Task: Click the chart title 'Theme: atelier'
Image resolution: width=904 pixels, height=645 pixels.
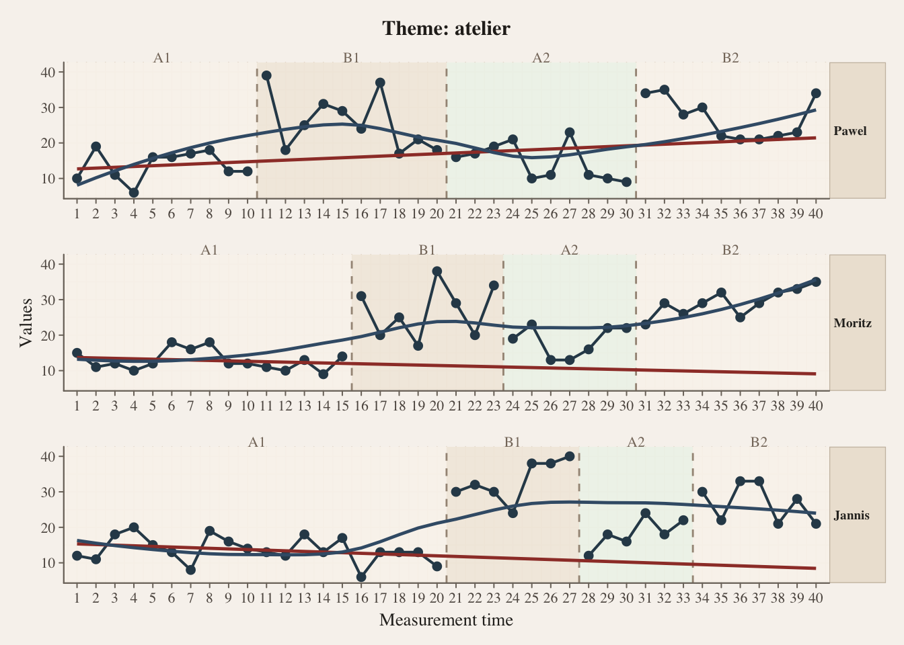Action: click(x=446, y=28)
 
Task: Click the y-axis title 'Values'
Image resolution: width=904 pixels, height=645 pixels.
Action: click(x=26, y=322)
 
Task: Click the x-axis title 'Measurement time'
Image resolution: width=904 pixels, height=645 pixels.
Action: click(x=446, y=619)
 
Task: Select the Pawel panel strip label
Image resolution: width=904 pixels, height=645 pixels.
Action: click(x=850, y=131)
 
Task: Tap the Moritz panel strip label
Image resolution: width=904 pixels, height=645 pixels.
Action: click(x=852, y=323)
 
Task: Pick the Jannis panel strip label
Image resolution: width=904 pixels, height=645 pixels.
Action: click(x=852, y=515)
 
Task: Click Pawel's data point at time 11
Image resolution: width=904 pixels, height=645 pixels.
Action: click(x=266, y=75)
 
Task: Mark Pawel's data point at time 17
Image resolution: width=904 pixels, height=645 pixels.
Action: click(x=380, y=83)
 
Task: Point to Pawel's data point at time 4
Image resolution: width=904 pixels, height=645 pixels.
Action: click(x=134, y=193)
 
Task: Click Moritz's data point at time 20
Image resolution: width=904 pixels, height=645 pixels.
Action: click(x=437, y=271)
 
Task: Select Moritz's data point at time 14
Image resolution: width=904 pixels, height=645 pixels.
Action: click(x=324, y=374)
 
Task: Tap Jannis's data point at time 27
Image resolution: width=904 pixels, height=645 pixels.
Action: click(x=570, y=456)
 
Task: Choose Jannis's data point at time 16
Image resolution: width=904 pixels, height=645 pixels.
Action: click(x=361, y=577)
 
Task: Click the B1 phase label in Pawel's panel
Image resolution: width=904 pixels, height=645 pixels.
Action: click(x=351, y=58)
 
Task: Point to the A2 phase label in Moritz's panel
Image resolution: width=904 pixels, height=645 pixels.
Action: click(x=569, y=250)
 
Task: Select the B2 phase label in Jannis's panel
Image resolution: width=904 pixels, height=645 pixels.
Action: click(x=759, y=442)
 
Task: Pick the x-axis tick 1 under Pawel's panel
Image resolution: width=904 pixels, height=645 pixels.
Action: click(x=77, y=214)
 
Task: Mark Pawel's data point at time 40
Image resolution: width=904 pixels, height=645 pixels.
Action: click(x=816, y=93)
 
